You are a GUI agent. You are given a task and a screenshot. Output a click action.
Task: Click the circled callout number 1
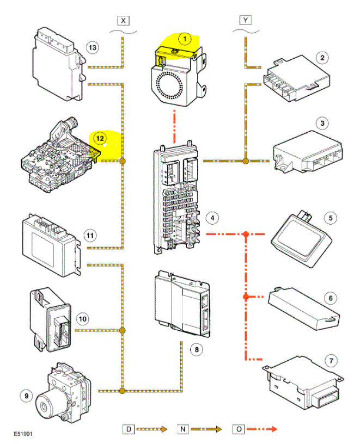(x=186, y=39)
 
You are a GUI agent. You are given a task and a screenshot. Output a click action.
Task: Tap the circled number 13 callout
(x=93, y=48)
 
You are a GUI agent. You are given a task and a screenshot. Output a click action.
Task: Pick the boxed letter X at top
(x=124, y=20)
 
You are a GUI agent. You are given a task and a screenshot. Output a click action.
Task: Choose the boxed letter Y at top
(x=246, y=20)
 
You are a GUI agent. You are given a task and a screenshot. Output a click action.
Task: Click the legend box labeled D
(x=128, y=429)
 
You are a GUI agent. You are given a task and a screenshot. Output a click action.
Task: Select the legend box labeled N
(x=182, y=429)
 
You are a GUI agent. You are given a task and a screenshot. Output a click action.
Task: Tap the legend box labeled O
(x=238, y=429)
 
